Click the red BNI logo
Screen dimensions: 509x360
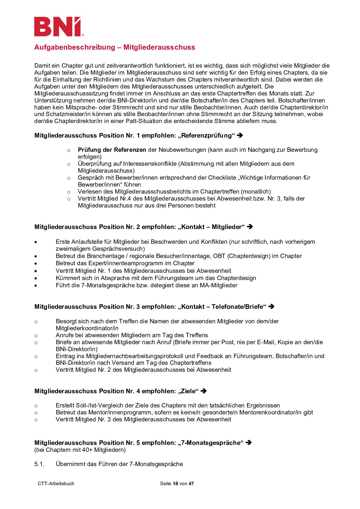(58, 27)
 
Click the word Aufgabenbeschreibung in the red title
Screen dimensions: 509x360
(75, 47)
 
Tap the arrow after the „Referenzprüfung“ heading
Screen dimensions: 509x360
(240, 135)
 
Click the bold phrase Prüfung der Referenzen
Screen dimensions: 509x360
(112, 150)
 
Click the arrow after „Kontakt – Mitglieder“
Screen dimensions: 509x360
(250, 227)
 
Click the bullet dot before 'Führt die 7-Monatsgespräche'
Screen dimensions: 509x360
(36, 286)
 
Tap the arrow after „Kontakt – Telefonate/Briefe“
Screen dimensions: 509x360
(271, 306)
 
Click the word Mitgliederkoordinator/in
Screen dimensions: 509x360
(87, 328)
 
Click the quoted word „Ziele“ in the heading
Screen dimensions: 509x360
(188, 391)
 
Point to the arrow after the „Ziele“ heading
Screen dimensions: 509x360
(204, 391)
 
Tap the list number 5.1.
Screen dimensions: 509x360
(39, 464)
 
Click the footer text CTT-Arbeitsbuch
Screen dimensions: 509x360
(56, 483)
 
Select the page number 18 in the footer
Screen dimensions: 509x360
(175, 483)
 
